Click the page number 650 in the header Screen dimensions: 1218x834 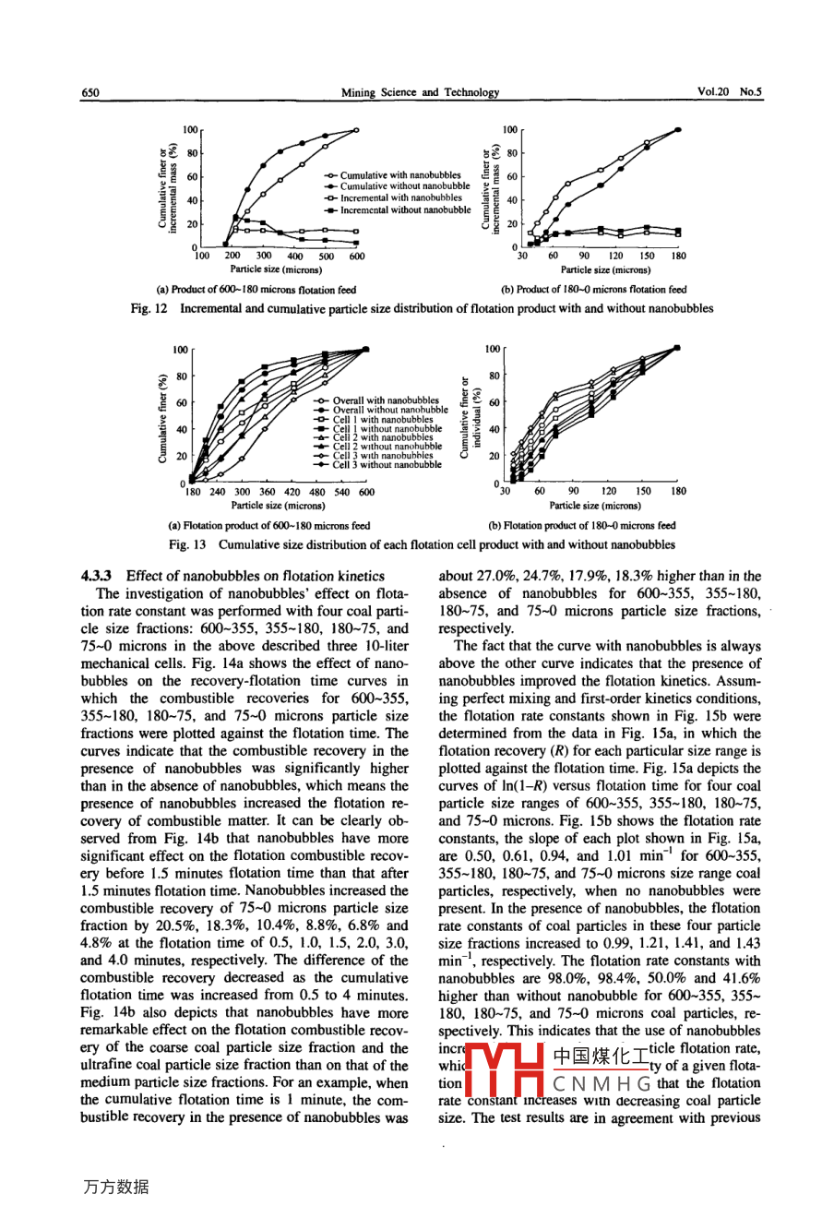click(x=90, y=92)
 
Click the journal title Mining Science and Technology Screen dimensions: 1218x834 click(x=420, y=92)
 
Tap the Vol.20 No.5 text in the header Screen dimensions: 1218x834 click(x=729, y=92)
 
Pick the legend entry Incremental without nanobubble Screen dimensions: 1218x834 click(x=405, y=209)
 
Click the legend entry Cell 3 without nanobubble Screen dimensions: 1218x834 click(x=387, y=465)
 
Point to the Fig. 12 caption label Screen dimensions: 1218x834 click(x=149, y=308)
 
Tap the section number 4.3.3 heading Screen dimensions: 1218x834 click(x=97, y=576)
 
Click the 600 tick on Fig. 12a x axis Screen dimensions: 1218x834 click(x=357, y=257)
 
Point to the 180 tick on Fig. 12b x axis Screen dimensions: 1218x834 click(x=678, y=257)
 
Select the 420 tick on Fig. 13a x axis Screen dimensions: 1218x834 click(x=292, y=493)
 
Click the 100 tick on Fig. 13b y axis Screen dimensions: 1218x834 click(x=492, y=350)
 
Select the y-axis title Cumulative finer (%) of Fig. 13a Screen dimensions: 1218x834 click(x=163, y=418)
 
